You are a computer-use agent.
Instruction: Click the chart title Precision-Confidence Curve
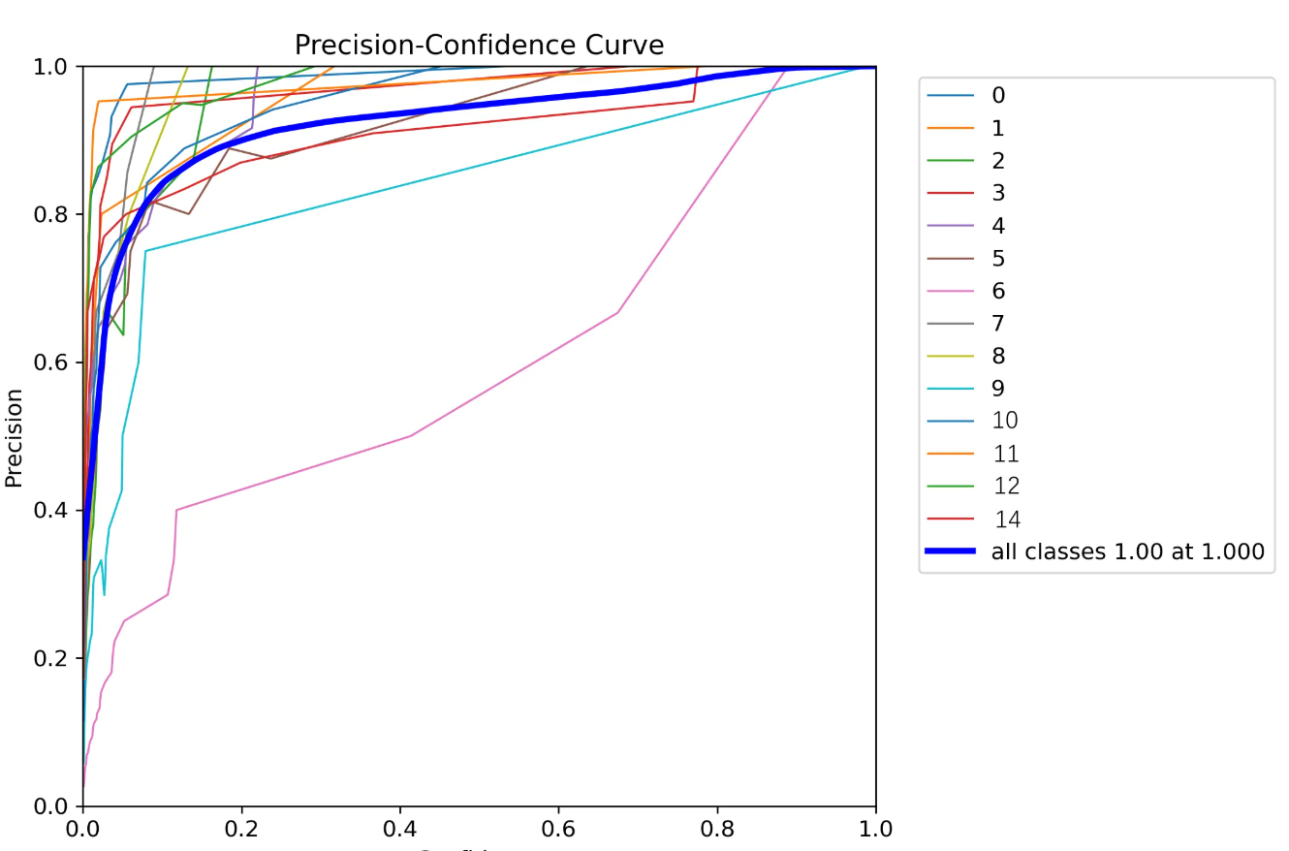[x=479, y=45]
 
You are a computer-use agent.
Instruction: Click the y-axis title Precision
[x=14, y=437]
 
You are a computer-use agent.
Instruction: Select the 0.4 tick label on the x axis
[x=400, y=830]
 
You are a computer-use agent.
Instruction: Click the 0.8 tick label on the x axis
[x=717, y=830]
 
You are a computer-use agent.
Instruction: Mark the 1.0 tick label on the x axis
[x=876, y=830]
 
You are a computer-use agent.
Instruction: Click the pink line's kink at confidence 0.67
[x=617, y=312]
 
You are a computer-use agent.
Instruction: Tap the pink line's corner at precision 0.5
[x=411, y=435]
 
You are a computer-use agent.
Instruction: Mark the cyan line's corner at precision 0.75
[x=145, y=251]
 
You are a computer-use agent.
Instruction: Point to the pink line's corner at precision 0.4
[x=176, y=510]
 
